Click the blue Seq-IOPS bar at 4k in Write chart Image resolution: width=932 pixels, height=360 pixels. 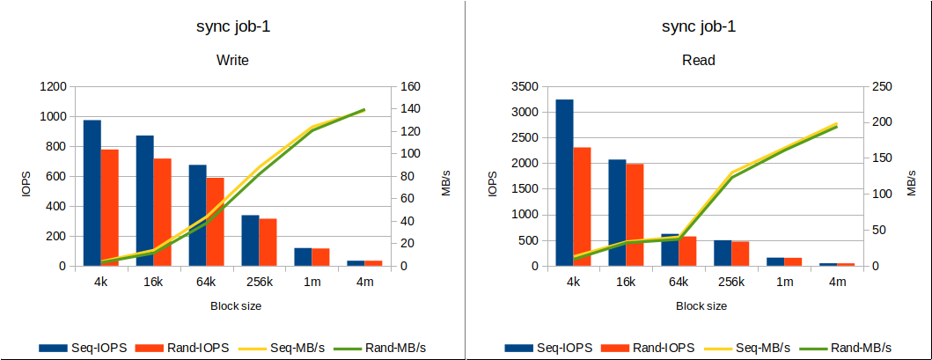92,193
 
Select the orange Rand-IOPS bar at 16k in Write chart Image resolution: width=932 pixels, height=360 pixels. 162,212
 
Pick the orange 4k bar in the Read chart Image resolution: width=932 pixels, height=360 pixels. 582,207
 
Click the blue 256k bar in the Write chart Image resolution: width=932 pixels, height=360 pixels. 251,240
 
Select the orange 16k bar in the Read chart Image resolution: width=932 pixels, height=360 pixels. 635,215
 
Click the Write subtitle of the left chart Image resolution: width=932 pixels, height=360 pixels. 232,61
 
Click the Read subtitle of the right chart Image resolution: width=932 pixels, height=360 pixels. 699,61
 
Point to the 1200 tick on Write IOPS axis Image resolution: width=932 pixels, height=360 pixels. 52,86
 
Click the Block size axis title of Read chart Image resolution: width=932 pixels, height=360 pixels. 701,305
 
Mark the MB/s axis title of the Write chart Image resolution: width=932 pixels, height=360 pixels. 445,178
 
